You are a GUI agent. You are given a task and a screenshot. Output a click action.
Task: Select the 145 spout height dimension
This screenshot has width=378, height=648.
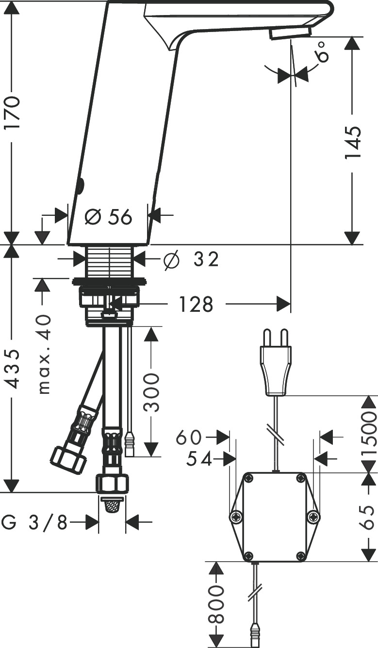click(x=353, y=143)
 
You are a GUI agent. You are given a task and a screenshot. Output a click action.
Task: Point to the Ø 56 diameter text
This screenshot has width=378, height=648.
click(x=108, y=217)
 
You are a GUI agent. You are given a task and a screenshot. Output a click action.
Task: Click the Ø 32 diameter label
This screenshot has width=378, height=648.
click(x=191, y=260)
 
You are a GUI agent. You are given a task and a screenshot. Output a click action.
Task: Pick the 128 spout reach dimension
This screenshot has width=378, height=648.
click(x=196, y=305)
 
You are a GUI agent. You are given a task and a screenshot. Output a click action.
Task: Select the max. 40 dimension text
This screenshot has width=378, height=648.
click(x=44, y=354)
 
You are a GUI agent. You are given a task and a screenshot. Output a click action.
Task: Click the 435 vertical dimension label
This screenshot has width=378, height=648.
click(x=13, y=369)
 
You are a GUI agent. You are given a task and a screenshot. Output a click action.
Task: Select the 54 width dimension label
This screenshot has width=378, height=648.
click(x=199, y=459)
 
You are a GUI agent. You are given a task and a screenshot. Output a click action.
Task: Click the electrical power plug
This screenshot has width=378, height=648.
click(x=276, y=364)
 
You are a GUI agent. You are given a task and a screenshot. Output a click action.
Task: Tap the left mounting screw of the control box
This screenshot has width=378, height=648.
click(x=236, y=517)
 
